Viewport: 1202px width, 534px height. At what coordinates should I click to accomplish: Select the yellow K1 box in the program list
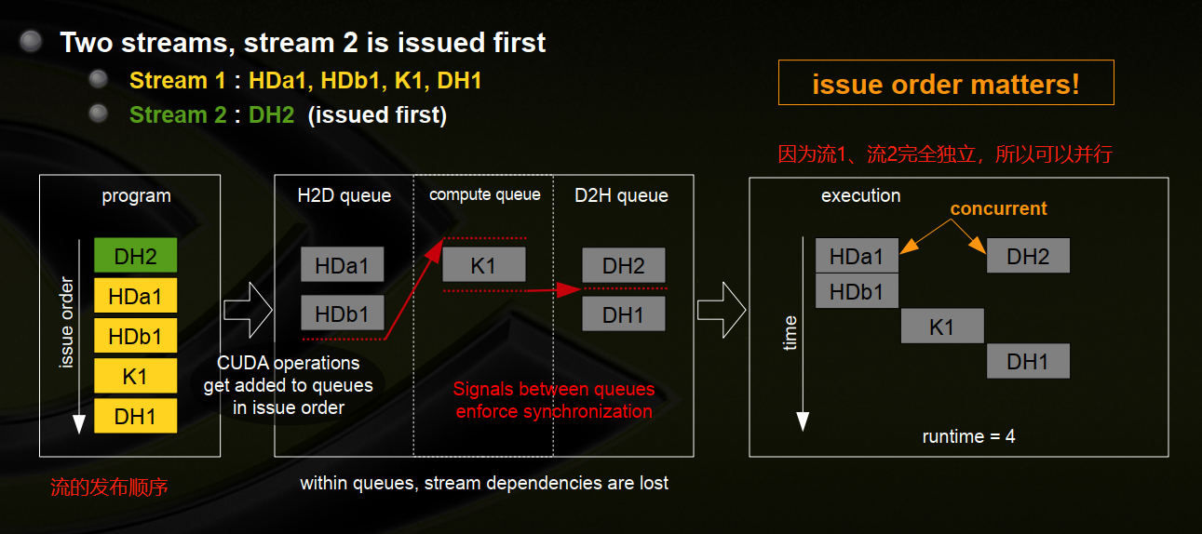coord(135,377)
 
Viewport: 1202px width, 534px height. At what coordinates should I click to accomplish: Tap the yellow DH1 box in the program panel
coord(135,417)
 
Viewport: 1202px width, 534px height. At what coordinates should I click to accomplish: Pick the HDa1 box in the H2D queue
coord(342,265)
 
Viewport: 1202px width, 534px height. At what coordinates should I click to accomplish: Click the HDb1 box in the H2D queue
coord(342,314)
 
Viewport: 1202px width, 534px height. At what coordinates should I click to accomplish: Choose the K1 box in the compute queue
coord(483,265)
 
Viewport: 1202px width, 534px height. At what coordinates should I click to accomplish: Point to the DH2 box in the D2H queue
coord(623,265)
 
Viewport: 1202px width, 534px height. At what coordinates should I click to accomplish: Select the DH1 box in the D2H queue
coord(623,314)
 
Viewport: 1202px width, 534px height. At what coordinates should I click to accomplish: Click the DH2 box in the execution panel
coord(1028,256)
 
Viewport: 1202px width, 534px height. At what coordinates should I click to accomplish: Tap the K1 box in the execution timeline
coord(941,327)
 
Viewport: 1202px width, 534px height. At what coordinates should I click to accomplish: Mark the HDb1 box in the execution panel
coord(857,291)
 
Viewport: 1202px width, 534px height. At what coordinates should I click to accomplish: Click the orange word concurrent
coord(998,208)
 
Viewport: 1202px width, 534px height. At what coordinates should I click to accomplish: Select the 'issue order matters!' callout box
coord(946,84)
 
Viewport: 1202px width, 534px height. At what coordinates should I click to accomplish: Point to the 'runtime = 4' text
coord(968,436)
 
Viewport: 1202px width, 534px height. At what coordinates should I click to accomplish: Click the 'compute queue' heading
coord(484,194)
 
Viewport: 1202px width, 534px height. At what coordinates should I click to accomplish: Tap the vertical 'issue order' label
coord(66,322)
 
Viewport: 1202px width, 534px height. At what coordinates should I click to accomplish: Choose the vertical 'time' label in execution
coord(790,332)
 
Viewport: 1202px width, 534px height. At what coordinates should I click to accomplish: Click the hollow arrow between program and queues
coord(247,309)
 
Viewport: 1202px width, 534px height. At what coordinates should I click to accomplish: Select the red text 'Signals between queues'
coord(553,389)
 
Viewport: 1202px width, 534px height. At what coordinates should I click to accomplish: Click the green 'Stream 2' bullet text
coord(177,115)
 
